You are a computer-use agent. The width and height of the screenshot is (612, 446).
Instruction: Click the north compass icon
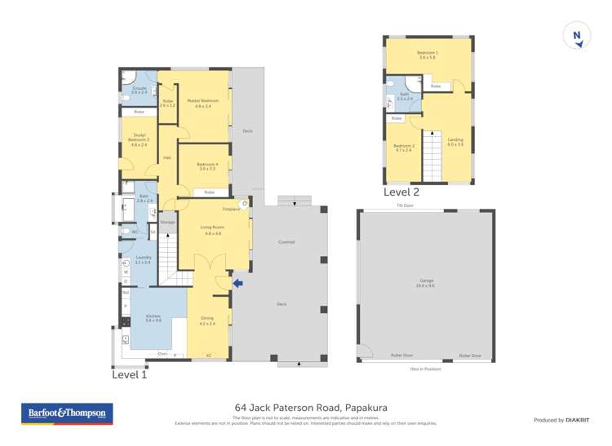point(577,36)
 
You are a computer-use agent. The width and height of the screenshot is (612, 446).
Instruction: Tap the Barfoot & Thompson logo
point(68,414)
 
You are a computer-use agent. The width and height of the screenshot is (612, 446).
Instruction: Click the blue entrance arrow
point(237,284)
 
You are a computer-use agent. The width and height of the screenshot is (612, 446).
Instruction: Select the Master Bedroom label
point(202,102)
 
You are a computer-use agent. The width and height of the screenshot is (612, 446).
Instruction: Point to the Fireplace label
point(231,210)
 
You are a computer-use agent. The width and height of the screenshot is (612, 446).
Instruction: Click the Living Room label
point(211,231)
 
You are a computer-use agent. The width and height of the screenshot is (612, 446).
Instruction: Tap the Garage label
point(425,282)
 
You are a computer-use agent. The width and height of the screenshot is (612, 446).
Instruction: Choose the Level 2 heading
point(401,192)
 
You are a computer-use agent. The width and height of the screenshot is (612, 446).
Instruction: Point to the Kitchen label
point(153,317)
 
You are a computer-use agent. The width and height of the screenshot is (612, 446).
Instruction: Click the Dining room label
point(206,319)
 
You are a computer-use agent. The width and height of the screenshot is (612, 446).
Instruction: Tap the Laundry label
point(143,258)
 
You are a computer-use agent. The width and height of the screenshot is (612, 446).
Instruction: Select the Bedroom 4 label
point(206,166)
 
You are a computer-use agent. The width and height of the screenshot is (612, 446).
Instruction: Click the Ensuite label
point(139,88)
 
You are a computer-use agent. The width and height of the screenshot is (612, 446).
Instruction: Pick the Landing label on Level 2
point(455,140)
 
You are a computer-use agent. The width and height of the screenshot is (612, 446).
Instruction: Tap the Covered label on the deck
point(286,242)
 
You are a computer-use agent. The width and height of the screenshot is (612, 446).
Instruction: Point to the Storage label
point(167,222)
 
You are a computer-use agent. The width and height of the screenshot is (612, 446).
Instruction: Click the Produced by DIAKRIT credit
point(561,420)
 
